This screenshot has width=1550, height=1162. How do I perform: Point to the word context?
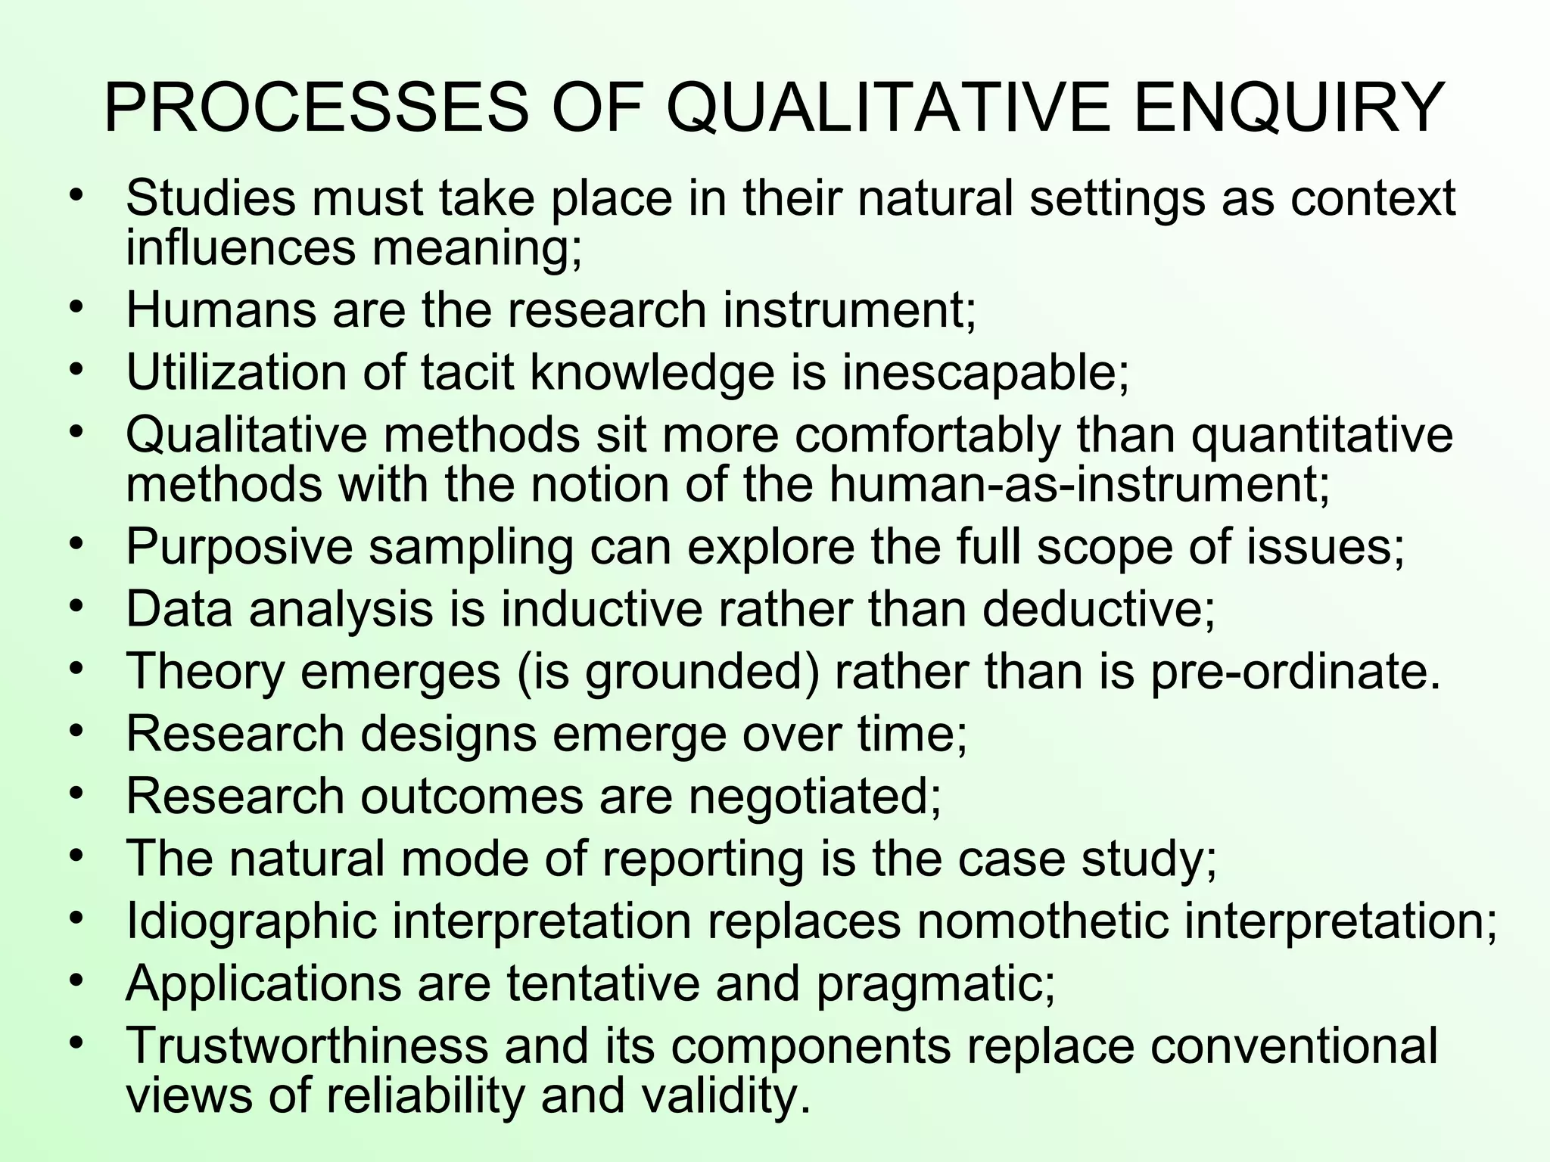click(x=1373, y=198)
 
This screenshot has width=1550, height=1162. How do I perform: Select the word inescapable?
click(x=985, y=372)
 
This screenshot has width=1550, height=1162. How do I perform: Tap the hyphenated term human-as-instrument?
click(x=1078, y=484)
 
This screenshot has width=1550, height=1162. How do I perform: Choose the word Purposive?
click(x=239, y=546)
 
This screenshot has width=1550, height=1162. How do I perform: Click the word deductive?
click(x=1098, y=609)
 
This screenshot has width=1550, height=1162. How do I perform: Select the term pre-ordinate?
click(x=1294, y=672)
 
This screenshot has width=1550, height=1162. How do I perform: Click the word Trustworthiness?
click(x=307, y=1046)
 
